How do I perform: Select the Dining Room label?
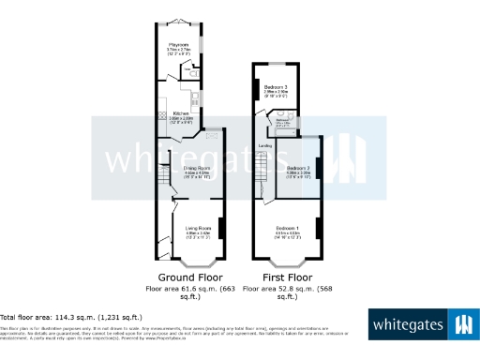[196, 168]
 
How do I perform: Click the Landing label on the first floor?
[265, 146]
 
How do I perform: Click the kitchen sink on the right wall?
[194, 97]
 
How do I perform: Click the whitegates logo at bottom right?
[421, 324]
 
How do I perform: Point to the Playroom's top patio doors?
[177, 22]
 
